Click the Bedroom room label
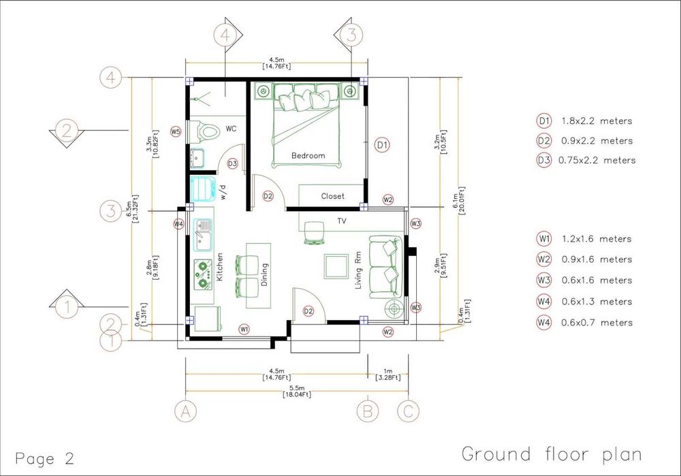(x=308, y=155)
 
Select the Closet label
(x=333, y=196)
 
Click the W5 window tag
(x=176, y=131)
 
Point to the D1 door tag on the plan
(x=382, y=145)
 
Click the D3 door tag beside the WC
(x=232, y=163)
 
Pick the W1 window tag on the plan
(x=244, y=329)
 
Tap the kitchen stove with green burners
(x=202, y=274)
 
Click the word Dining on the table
(x=264, y=274)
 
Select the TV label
(x=342, y=221)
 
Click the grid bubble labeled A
(x=185, y=411)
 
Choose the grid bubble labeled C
(x=408, y=411)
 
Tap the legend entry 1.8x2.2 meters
(x=597, y=121)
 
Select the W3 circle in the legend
(x=543, y=280)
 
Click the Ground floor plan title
(x=552, y=454)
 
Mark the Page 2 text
(x=45, y=458)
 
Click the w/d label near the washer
(x=223, y=193)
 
